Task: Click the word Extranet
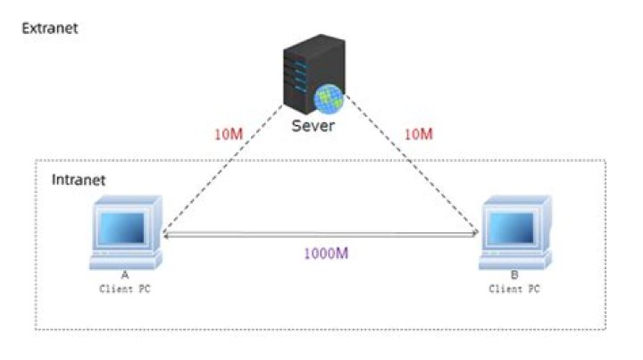[50, 28]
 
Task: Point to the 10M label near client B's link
[419, 134]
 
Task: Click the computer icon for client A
[126, 235]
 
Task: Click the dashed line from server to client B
[411, 165]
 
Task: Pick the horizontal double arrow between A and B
[321, 236]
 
